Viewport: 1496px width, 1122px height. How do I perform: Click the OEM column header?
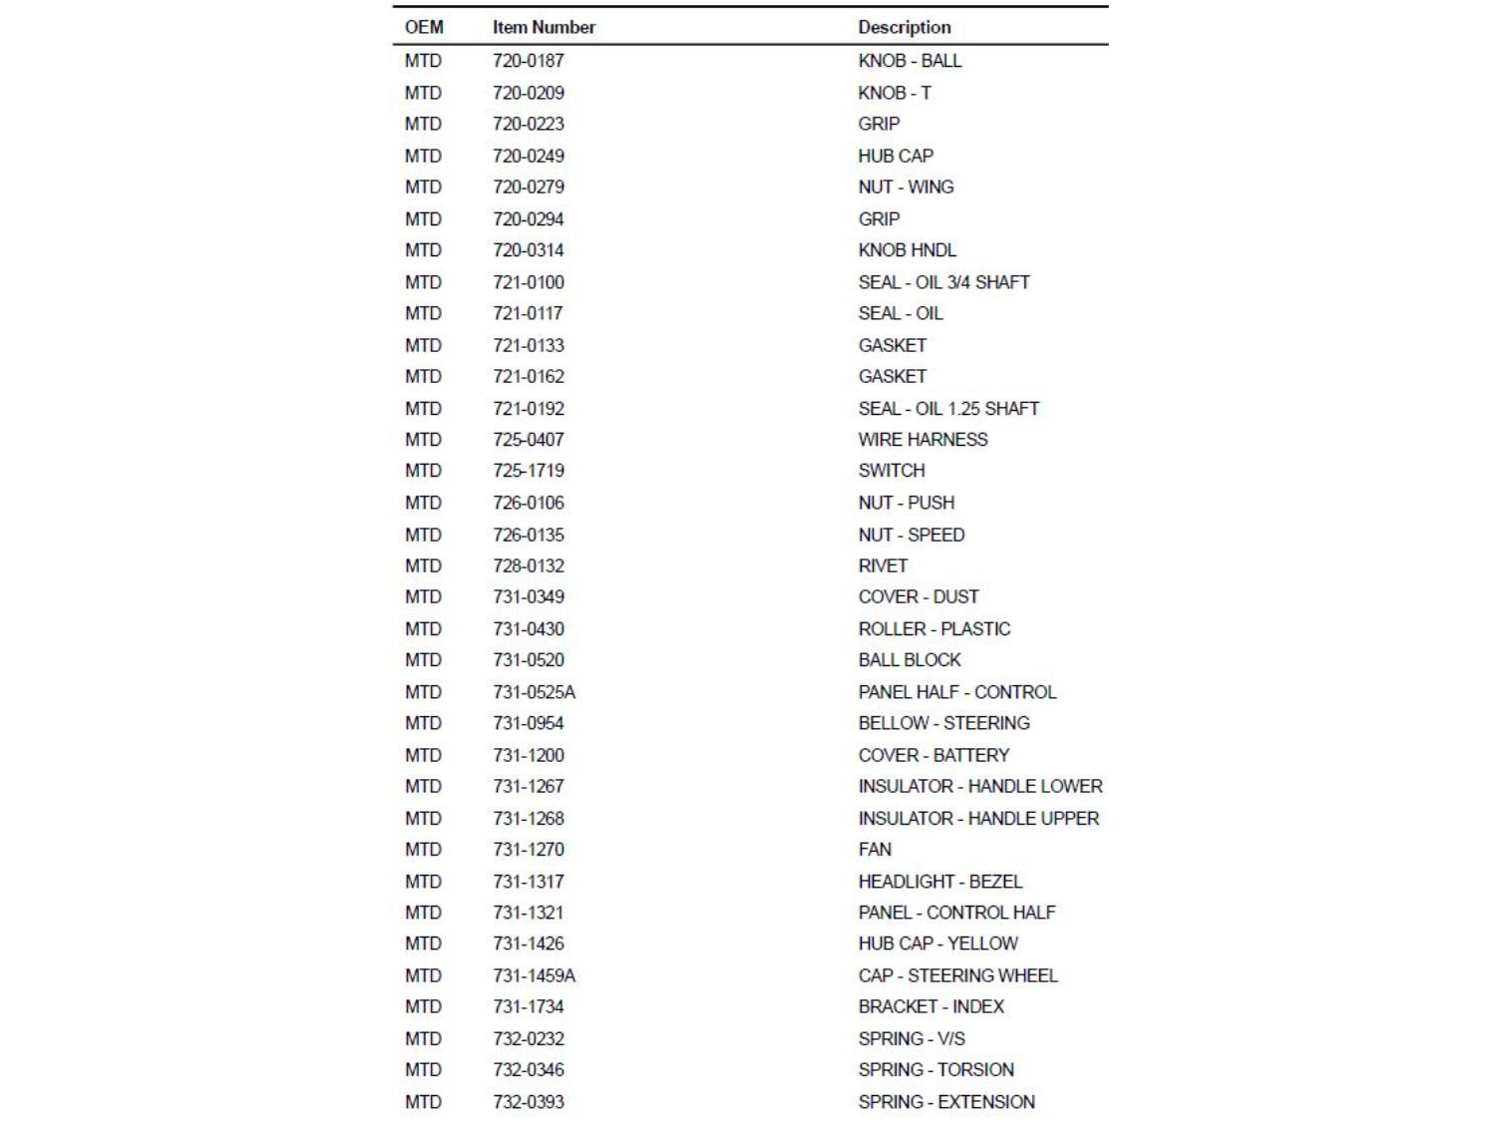coord(424,28)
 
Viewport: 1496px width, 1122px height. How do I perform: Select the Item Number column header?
coord(544,28)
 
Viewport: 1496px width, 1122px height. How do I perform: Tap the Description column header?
coord(905,28)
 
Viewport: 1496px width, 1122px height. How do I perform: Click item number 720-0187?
coord(529,61)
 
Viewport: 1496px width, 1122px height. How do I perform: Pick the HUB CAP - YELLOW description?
coord(937,943)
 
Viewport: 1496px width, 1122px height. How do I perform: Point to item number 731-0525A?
coord(534,692)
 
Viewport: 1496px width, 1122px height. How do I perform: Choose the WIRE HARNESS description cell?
coord(923,440)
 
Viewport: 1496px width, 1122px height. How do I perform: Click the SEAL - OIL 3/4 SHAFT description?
coord(943,282)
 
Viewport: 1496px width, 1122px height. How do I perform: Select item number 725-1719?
coord(529,471)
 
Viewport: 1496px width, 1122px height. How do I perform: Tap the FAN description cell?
coord(875,850)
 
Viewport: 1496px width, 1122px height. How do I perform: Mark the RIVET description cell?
coord(883,566)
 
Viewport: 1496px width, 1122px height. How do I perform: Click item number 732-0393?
coord(529,1102)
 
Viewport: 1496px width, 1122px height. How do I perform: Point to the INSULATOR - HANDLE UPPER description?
coord(978,819)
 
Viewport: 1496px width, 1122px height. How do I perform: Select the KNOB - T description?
coord(895,93)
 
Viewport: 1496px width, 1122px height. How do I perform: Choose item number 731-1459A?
coord(534,975)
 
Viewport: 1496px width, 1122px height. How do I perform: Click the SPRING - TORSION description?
coord(935,1070)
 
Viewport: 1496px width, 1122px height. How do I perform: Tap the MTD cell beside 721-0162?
coord(423,377)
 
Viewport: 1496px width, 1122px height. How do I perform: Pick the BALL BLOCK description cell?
coord(910,660)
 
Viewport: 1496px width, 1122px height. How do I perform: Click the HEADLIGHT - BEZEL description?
coord(939,882)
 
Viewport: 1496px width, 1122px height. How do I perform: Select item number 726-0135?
coord(529,535)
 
